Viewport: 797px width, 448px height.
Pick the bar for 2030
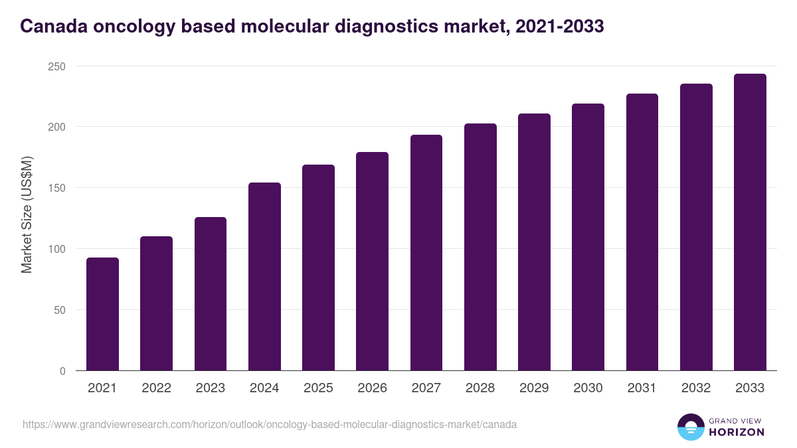[x=588, y=237]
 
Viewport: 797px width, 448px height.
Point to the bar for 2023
[x=211, y=293]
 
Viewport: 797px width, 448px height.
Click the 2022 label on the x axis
[x=156, y=388]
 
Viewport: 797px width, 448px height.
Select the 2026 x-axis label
[x=372, y=388]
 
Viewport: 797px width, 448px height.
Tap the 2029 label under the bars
[x=534, y=388]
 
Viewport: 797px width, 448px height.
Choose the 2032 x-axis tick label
[x=696, y=388]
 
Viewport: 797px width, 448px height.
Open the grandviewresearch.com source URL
[x=270, y=424]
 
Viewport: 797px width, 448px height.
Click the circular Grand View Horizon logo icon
[x=691, y=427]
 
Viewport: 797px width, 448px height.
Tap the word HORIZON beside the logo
[x=735, y=432]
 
